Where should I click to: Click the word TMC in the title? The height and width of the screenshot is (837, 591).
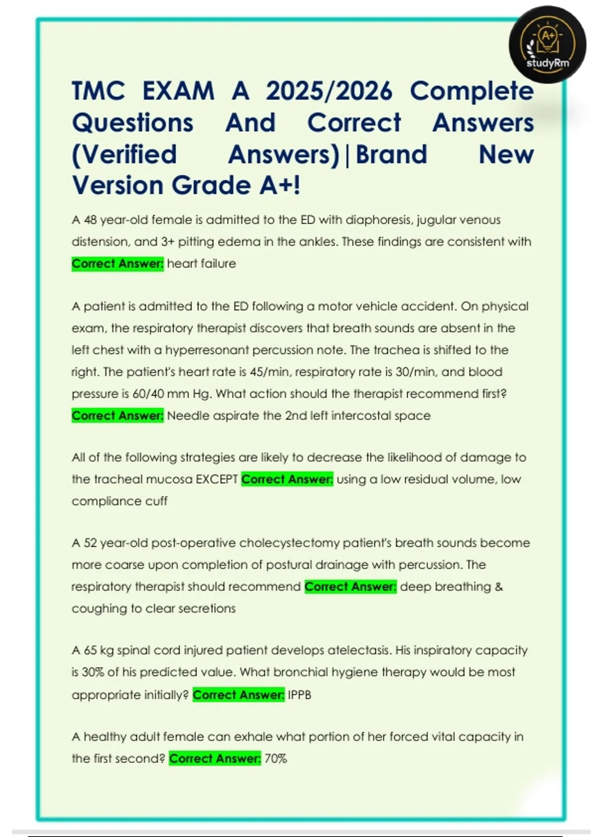coord(98,91)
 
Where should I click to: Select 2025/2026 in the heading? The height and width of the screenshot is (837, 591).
coord(329,91)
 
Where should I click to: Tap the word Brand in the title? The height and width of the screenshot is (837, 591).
coord(391,155)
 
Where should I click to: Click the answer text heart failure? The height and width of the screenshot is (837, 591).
coord(201,264)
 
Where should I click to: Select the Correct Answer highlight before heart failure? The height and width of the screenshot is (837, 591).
coord(117,264)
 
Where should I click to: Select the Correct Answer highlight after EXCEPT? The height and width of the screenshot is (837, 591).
coord(287,479)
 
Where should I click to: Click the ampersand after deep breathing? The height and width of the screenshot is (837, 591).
coord(498,586)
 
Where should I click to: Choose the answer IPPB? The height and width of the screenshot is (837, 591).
coord(299,695)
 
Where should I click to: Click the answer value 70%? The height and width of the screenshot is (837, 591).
coord(276,759)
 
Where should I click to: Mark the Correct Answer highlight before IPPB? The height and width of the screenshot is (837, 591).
coord(238,695)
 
